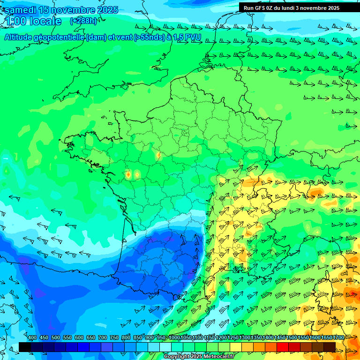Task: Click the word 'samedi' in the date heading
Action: pos(21,10)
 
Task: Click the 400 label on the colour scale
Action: pos(32,338)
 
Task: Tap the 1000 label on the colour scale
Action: pos(174,338)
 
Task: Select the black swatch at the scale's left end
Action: pos(25,347)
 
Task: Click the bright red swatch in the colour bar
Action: pos(282,347)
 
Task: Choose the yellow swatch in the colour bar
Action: pos(235,347)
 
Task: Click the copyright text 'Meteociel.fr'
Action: pos(217,357)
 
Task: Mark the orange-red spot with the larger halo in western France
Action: pos(128,175)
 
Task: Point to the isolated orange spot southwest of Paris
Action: pos(158,155)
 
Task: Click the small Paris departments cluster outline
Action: pos(184,132)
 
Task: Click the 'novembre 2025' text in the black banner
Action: pos(320,8)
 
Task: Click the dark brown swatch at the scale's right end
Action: pos(330,347)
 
